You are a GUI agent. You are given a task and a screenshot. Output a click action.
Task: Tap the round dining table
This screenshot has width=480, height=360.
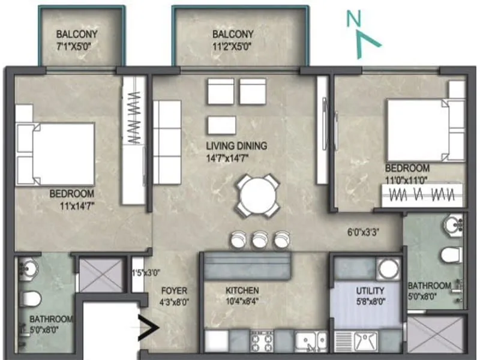pos(256,195)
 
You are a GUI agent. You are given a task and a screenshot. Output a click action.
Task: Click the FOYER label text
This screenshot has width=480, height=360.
pos(174,291)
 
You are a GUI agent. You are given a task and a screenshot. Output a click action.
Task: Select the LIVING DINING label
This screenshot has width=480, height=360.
pos(236,146)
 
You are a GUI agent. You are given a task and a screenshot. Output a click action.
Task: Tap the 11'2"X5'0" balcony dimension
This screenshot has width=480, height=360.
pos(233,47)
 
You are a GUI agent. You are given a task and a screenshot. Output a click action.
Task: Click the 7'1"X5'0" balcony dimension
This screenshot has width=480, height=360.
pos(76,47)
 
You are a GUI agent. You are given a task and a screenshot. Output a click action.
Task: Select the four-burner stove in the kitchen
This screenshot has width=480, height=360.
pos(262,342)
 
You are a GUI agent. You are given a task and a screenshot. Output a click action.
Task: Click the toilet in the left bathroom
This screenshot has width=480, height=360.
pos(32,298)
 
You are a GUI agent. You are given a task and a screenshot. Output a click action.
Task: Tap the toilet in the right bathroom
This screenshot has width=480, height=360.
pos(451,255)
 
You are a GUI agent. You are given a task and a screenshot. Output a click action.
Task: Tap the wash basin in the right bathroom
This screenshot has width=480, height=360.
pos(454,226)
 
